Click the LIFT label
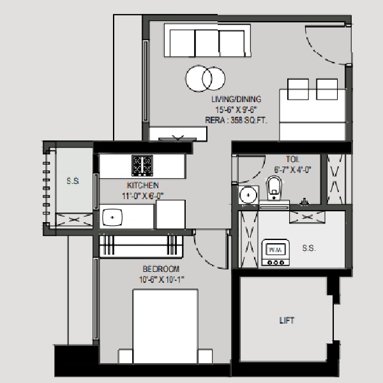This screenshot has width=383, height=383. click(x=287, y=320)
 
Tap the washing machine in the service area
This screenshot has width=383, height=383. click(x=276, y=253)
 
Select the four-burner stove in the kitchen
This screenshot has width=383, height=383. click(x=142, y=165)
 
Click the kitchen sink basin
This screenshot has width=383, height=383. click(x=112, y=217)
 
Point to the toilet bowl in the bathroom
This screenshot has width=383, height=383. click(x=274, y=188)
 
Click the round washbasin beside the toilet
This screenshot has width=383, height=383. click(x=248, y=195)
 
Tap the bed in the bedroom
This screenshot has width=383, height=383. click(x=165, y=326)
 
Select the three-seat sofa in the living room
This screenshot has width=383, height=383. click(x=207, y=40)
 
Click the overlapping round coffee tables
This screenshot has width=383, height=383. click(x=206, y=79)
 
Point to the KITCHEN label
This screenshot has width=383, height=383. click(x=142, y=185)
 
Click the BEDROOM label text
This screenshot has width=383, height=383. click(x=161, y=269)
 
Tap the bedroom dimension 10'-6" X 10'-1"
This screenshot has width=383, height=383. click(x=161, y=280)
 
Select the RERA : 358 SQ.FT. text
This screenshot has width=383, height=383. click(x=236, y=120)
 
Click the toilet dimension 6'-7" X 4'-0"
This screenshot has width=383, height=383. click(x=292, y=170)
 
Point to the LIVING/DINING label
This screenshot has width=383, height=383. click(x=236, y=99)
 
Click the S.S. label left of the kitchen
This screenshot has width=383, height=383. click(x=73, y=181)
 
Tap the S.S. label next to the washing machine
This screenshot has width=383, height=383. click(x=309, y=248)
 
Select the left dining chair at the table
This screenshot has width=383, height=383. click(x=298, y=89)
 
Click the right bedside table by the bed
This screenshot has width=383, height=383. click(x=205, y=356)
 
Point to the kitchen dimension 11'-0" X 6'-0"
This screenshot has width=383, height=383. click(x=143, y=196)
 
